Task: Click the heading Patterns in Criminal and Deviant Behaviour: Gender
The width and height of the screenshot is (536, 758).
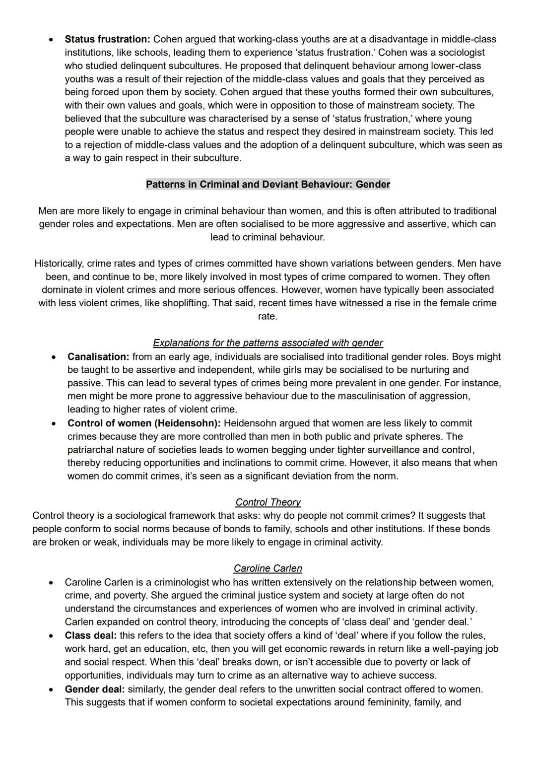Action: pos(268,185)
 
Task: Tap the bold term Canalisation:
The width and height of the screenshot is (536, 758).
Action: pos(98,357)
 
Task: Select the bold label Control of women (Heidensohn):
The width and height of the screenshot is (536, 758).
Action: pos(144,423)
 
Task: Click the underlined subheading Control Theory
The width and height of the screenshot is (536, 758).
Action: pos(268,502)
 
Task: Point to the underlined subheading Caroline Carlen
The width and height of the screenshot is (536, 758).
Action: pos(268,568)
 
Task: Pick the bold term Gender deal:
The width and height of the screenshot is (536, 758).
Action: pos(95,689)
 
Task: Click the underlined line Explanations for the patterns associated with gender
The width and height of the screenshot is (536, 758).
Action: pos(268,343)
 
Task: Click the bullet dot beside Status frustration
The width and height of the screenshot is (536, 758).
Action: pos(50,40)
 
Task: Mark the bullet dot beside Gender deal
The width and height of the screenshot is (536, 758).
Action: pos(50,690)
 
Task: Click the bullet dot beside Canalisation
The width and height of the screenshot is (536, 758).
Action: pos(53,357)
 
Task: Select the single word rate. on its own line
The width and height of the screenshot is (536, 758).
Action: pos(268,316)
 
